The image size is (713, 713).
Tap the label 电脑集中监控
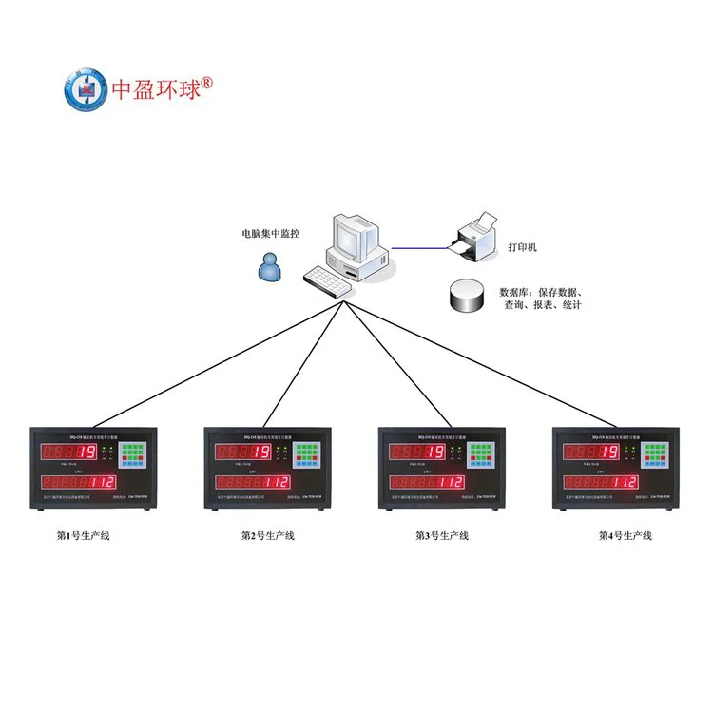[271, 232]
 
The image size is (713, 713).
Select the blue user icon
[270, 268]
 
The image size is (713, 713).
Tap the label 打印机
[520, 246]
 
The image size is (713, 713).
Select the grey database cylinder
[466, 295]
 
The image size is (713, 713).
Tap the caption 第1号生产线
[84, 536]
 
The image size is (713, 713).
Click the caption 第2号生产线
[267, 536]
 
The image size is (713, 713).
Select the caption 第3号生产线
[442, 536]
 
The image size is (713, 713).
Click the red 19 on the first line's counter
[87, 453]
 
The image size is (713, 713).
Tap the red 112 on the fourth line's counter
[624, 483]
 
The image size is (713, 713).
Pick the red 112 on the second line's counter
[275, 483]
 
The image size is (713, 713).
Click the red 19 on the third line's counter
[434, 453]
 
